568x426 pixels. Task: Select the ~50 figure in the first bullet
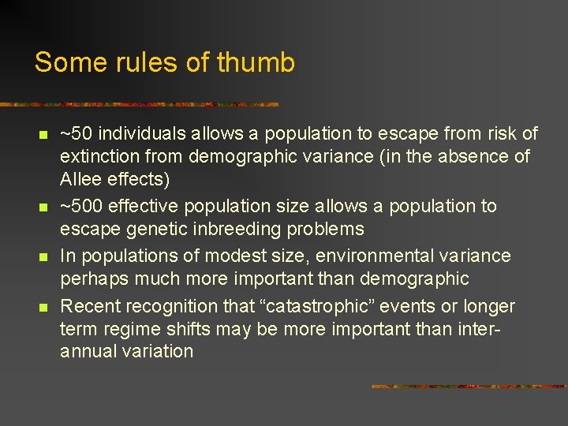[x=76, y=134]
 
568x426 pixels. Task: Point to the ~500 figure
[x=81, y=207]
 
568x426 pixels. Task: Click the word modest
[x=230, y=256]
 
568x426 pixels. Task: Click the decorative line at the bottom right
[x=469, y=387]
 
